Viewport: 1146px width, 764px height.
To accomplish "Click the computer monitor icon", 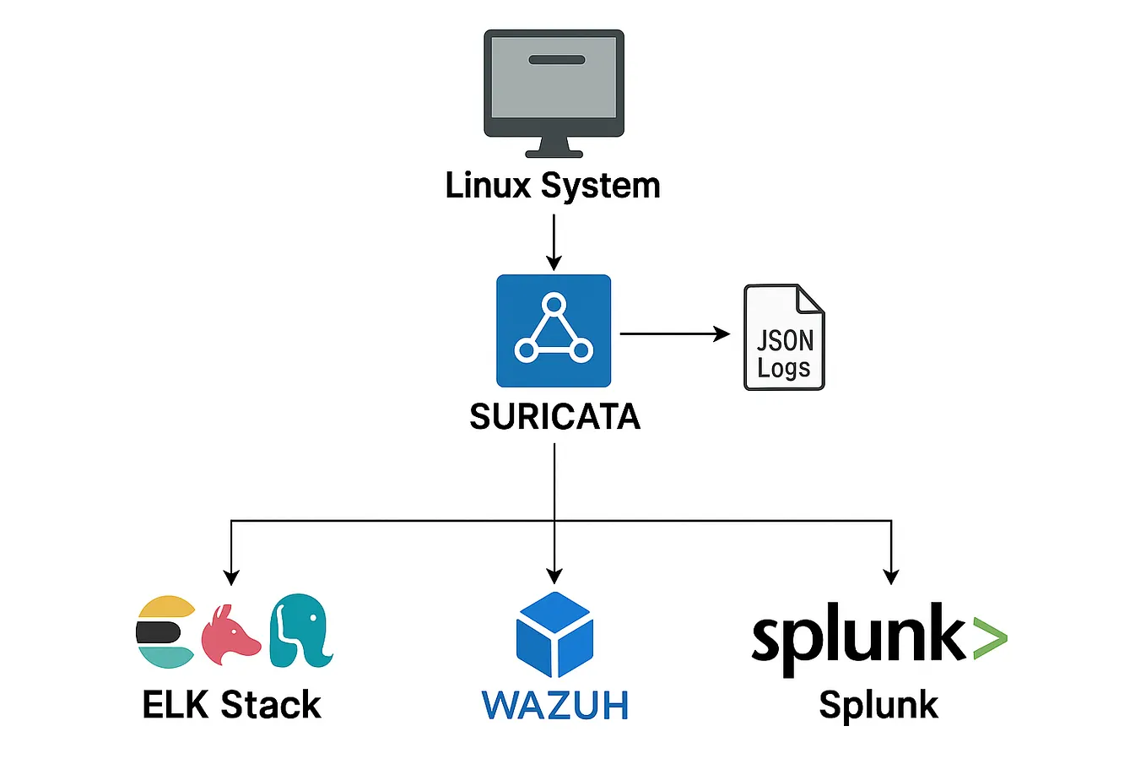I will [554, 89].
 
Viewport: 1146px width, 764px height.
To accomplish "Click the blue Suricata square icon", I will [554, 330].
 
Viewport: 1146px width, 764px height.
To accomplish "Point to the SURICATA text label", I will [554, 417].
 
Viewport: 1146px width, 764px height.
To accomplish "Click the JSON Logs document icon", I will [783, 338].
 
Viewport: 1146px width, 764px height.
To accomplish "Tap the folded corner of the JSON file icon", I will [811, 298].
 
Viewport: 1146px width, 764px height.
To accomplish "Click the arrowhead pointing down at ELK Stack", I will [231, 577].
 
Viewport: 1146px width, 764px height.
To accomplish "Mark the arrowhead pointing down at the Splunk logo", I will [890, 577].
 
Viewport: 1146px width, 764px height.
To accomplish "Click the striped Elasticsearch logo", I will [165, 632].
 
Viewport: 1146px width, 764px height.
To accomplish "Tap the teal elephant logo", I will [300, 631].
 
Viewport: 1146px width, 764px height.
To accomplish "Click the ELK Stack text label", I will [231, 705].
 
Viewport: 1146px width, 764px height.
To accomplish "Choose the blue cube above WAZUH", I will [554, 634].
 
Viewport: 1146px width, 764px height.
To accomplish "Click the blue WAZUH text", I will [554, 706].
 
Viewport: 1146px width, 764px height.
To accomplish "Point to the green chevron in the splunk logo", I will [988, 637].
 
